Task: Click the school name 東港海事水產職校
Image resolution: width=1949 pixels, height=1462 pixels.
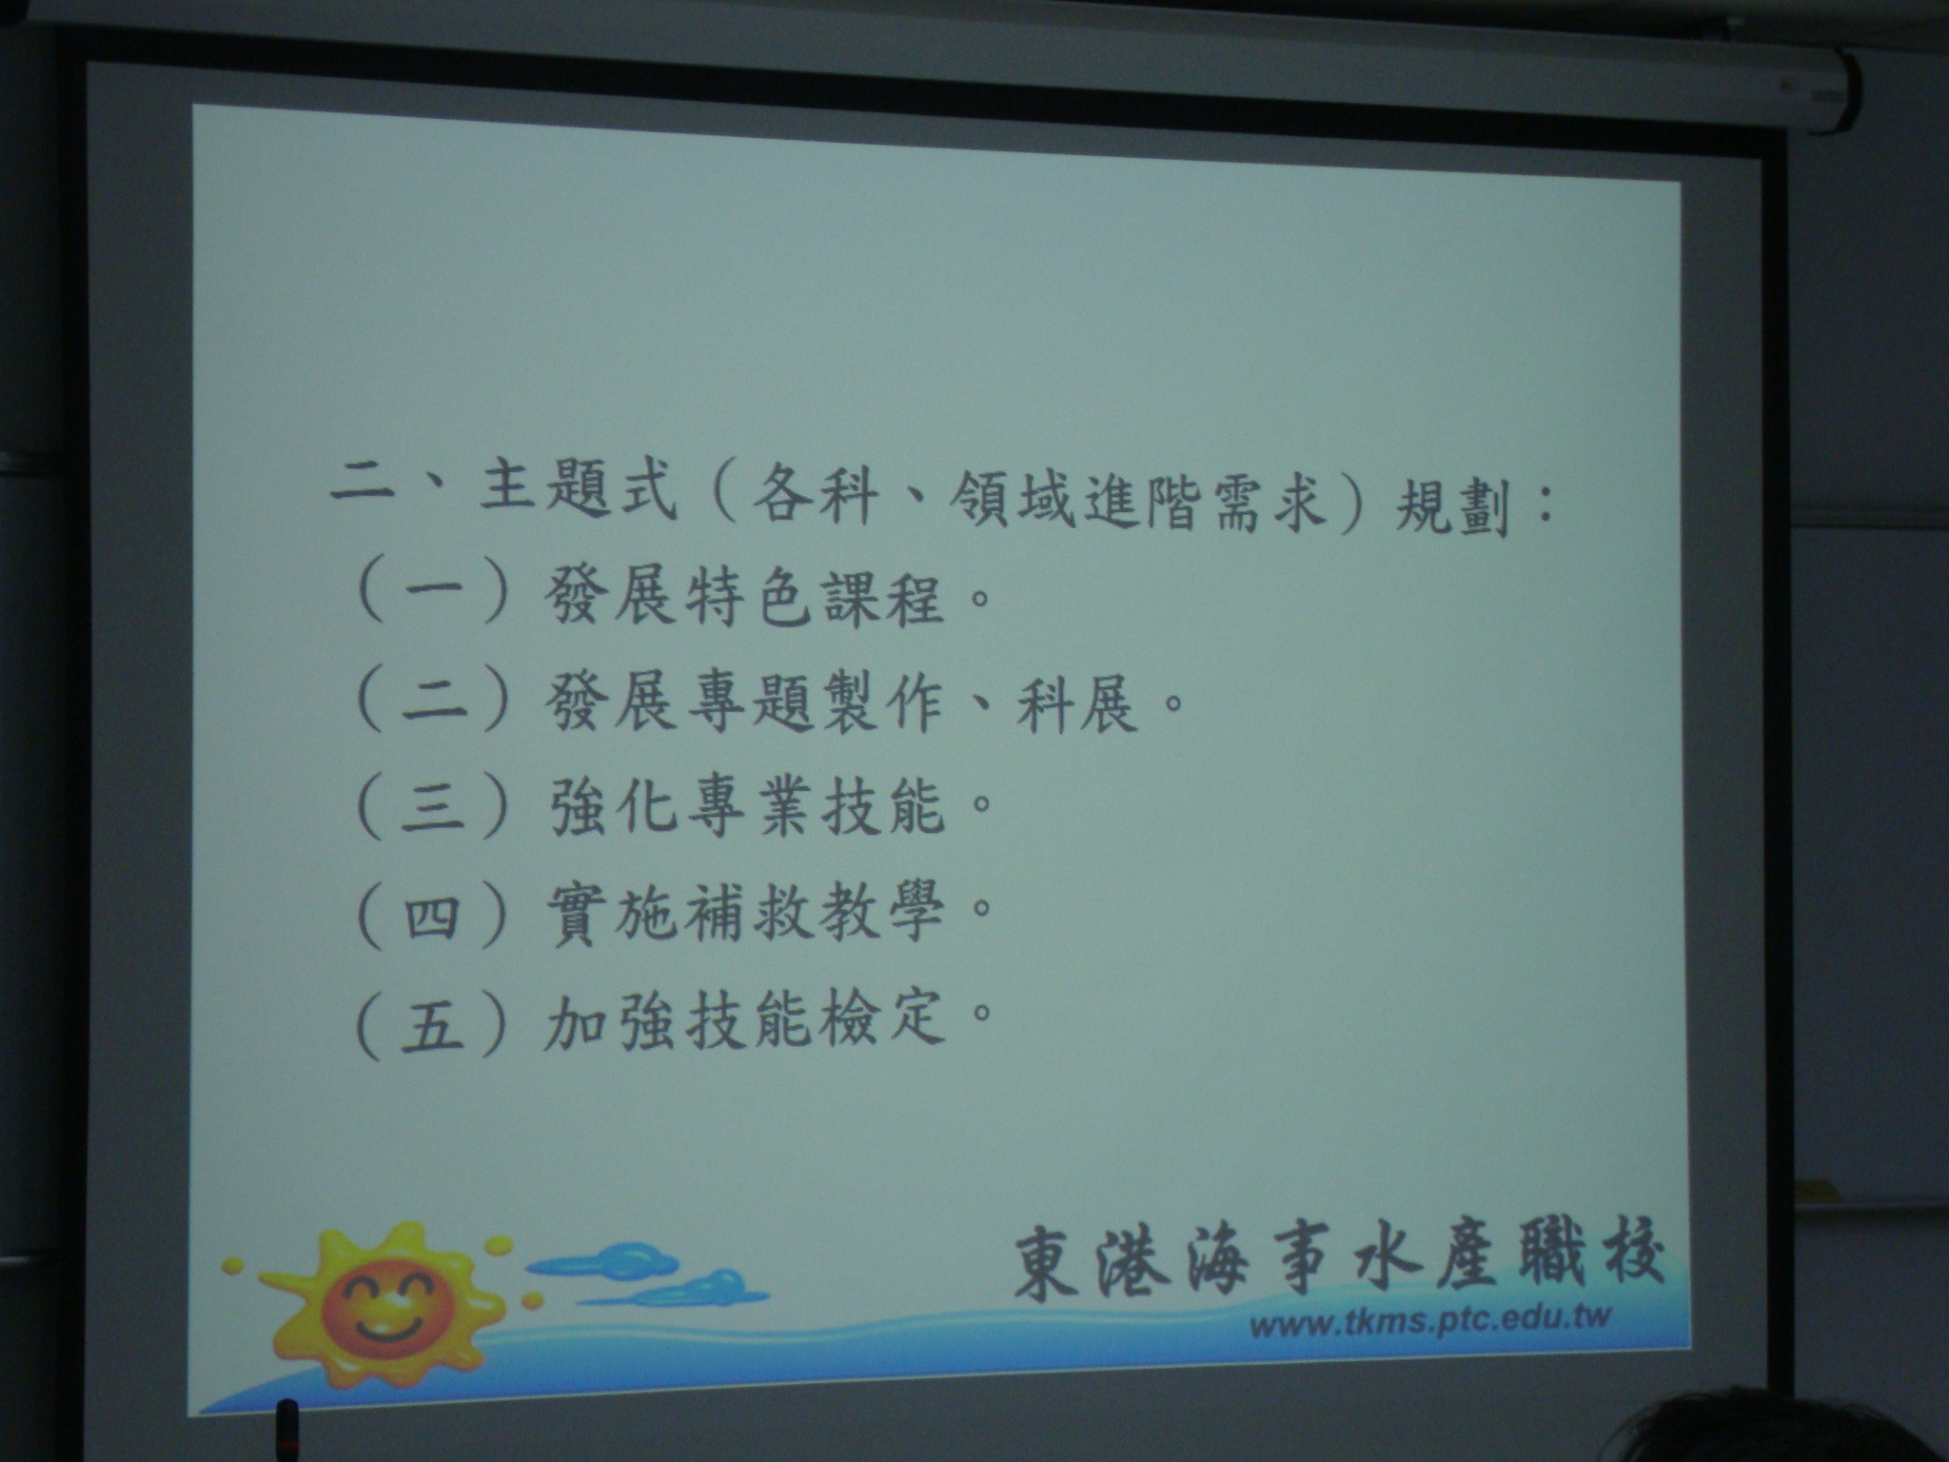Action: coord(1337,1262)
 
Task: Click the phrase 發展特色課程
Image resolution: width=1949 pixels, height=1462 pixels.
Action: coord(747,598)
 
